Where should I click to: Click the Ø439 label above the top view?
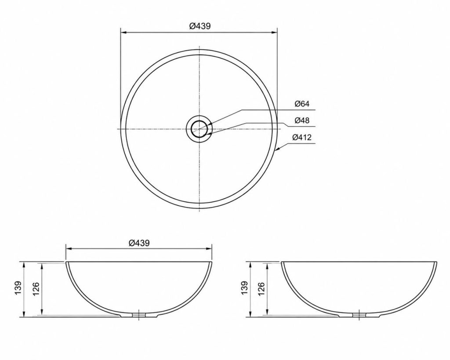(x=200, y=26)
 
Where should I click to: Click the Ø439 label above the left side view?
(x=139, y=243)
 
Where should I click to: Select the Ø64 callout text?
(x=302, y=104)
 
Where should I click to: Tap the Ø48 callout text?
(x=302, y=120)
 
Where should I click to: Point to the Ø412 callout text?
(x=302, y=138)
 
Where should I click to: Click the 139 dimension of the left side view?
(x=18, y=287)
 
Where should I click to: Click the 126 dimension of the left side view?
(x=36, y=289)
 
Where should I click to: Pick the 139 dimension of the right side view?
(x=244, y=287)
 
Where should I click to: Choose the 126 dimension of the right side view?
(x=261, y=289)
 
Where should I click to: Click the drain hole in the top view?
(x=200, y=129)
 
